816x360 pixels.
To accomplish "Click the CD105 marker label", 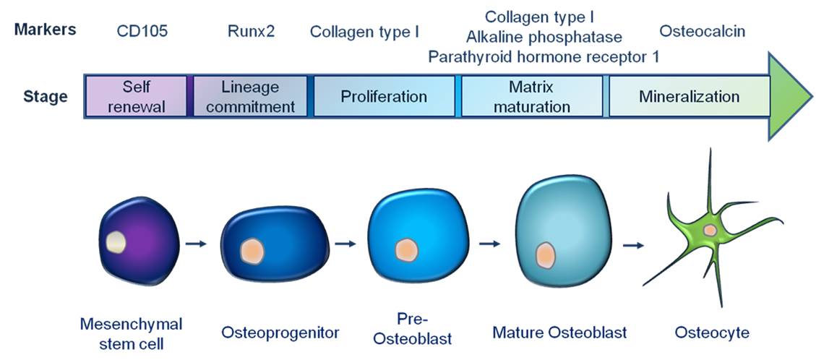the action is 142,32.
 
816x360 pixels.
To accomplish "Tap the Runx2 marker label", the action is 251,32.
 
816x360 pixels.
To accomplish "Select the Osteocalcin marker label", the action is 702,31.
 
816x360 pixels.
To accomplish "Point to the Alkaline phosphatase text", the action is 544,38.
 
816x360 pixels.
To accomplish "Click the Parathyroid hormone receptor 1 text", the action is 544,56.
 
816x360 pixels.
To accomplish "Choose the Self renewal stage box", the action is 136,96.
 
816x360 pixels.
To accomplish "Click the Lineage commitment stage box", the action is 250,96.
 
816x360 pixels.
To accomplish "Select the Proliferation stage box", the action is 384,96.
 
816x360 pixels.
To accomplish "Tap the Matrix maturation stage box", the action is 532,96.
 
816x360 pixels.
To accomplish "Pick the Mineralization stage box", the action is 689,96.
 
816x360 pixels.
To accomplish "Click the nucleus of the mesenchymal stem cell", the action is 116,242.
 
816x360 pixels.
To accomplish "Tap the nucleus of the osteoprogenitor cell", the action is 252,252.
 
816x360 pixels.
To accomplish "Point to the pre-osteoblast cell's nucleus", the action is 406,250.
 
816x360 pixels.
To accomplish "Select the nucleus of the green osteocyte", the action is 710,230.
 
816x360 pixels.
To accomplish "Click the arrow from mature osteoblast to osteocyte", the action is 633,245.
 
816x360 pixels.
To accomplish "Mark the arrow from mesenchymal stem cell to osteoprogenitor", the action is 196,244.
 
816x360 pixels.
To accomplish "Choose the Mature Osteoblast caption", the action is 559,332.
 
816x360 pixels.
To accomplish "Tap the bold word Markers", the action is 46,30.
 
